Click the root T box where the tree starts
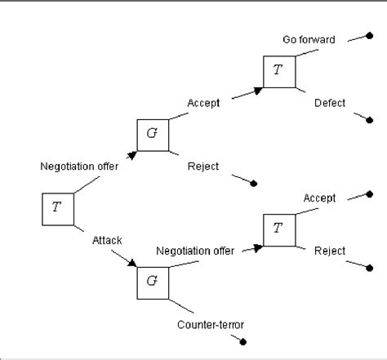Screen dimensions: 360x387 coord(56,207)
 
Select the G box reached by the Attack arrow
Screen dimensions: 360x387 coord(152,282)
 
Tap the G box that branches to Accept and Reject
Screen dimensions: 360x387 coord(152,134)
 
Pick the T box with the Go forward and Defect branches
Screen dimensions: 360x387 coord(278,71)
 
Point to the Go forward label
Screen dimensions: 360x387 coord(309,39)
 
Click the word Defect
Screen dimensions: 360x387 coord(330,103)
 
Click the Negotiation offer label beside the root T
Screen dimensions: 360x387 coord(79,167)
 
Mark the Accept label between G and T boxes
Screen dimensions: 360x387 coord(202,103)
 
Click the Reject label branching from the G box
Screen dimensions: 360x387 coord(202,167)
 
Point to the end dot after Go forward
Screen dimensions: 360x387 coord(369,37)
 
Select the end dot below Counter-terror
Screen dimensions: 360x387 coord(242,342)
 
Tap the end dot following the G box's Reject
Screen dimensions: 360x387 coord(255,183)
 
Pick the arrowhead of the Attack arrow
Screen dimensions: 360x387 coord(132,264)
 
